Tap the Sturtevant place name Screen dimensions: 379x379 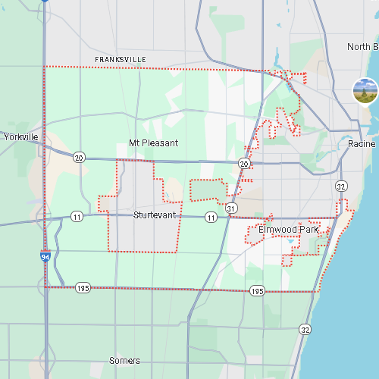154,215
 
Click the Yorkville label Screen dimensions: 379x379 20,137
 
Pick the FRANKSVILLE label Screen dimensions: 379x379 121,59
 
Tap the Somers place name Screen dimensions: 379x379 124,360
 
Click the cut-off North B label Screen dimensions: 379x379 362,47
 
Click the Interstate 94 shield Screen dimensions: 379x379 46,258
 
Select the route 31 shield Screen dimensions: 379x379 230,207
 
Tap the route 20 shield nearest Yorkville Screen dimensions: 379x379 79,158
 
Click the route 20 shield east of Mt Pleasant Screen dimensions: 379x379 243,163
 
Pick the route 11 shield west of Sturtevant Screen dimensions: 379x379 77,217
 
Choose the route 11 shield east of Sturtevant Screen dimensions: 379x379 211,218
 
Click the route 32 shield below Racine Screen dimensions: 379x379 342,186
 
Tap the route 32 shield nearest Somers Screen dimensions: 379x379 305,329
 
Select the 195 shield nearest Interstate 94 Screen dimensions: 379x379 83,288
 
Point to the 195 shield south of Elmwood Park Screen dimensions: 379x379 258,291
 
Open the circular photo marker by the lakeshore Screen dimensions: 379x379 365,90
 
